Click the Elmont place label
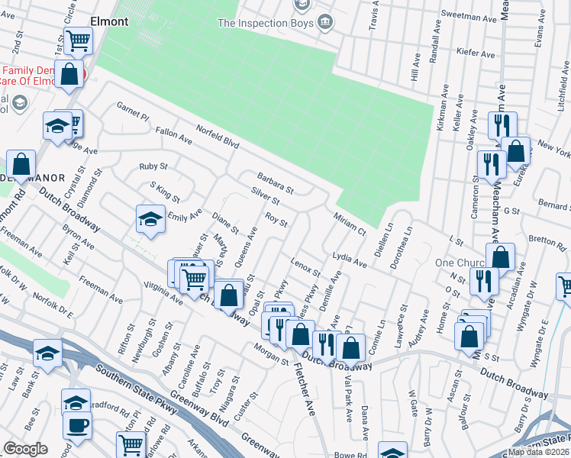(x=109, y=21)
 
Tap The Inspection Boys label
(x=266, y=23)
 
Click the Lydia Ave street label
(x=350, y=259)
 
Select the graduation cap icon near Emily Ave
(x=150, y=219)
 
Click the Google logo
(x=25, y=449)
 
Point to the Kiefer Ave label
(x=475, y=53)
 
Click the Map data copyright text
(x=539, y=452)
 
